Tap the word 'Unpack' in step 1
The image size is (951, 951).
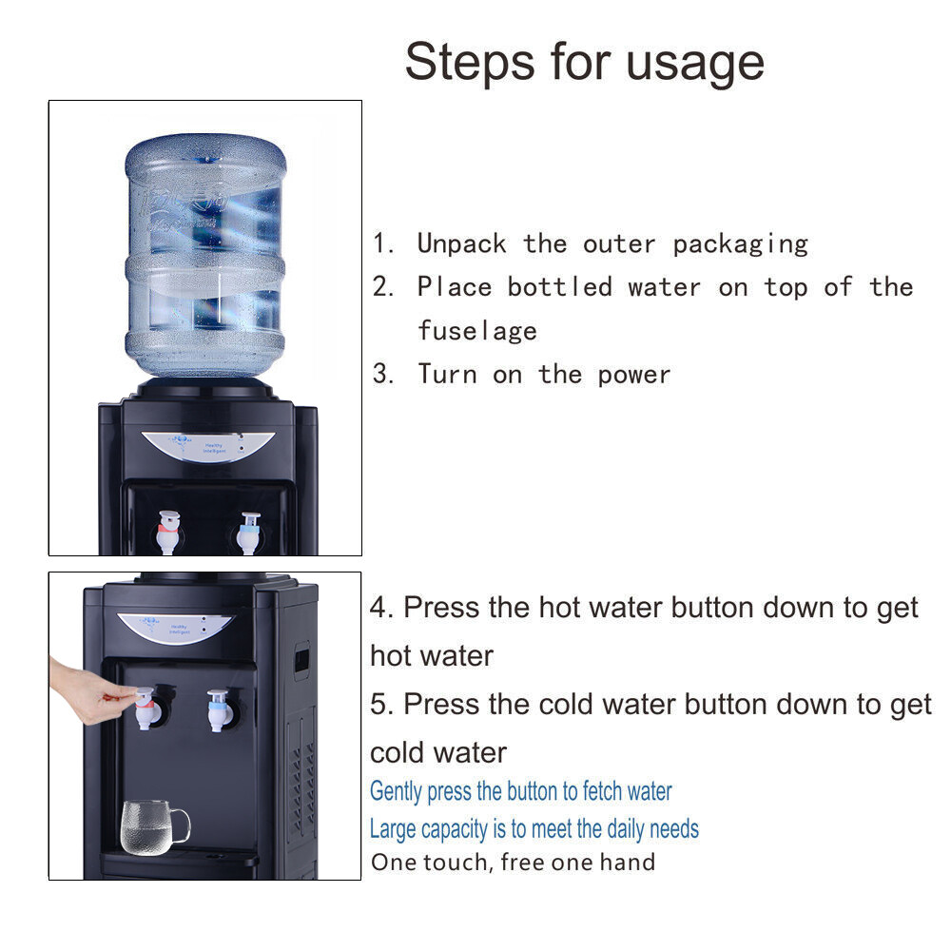(x=461, y=243)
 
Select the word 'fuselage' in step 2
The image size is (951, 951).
(x=477, y=331)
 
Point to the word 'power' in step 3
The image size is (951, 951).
(x=634, y=375)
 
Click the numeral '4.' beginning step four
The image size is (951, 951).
(x=382, y=607)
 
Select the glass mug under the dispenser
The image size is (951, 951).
(x=155, y=827)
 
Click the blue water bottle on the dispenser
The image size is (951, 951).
(x=205, y=255)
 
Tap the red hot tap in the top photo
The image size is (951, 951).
(x=168, y=532)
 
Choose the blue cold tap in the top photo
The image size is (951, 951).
(x=248, y=533)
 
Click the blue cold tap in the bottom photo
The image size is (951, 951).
(x=218, y=710)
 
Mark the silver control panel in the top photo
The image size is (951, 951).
(x=208, y=446)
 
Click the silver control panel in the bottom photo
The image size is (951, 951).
(x=175, y=627)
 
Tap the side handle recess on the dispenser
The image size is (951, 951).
(x=301, y=659)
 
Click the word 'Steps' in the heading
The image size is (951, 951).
(x=470, y=63)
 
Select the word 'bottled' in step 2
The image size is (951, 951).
(x=560, y=287)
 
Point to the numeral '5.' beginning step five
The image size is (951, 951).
(x=382, y=704)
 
